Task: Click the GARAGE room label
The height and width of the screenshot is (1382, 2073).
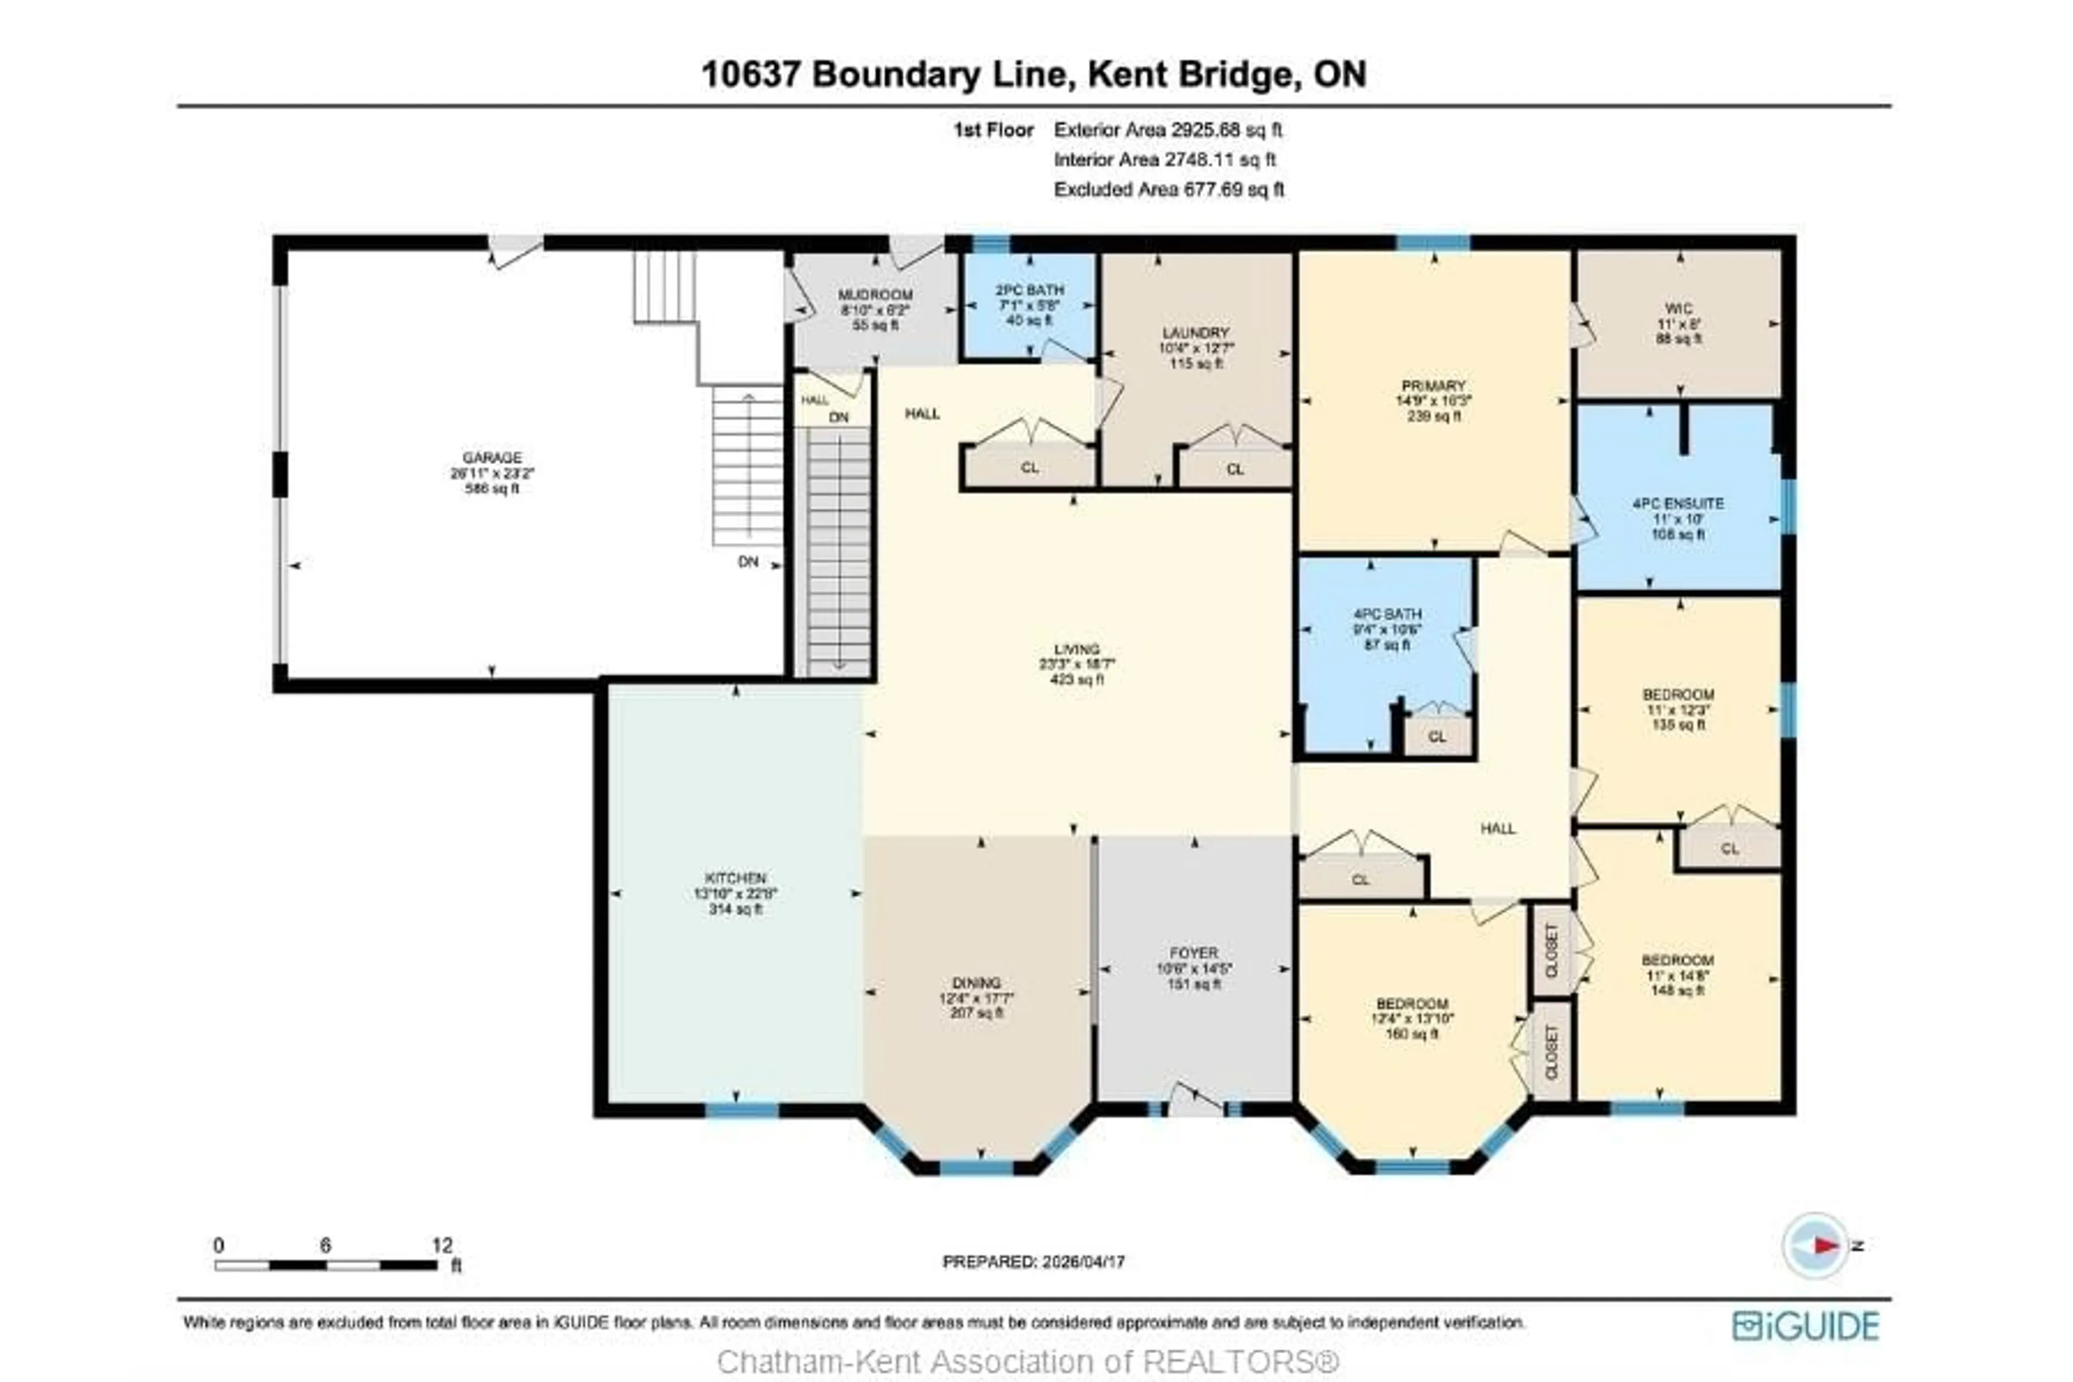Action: pos(492,457)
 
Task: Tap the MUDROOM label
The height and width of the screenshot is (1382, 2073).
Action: pos(875,294)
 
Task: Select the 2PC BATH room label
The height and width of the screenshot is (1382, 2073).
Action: pos(1029,289)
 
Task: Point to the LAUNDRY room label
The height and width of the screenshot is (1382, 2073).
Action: pos(1195,333)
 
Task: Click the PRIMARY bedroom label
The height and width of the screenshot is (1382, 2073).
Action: pos(1433,385)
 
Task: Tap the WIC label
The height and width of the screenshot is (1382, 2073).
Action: pos(1678,308)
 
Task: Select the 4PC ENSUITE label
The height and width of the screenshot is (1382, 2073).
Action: pos(1678,503)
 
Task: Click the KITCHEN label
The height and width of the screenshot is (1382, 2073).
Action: pos(735,878)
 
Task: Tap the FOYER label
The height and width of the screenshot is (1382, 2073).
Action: pos(1194,953)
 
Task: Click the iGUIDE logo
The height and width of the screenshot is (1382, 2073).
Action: pos(1805,1326)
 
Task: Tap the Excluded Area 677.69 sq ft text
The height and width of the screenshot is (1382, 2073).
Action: pos(1169,189)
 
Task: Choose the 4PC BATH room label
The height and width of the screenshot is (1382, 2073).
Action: pos(1387,613)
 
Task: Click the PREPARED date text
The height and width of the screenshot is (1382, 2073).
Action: pos(1033,1262)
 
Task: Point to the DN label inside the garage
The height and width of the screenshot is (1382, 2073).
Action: pos(747,561)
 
